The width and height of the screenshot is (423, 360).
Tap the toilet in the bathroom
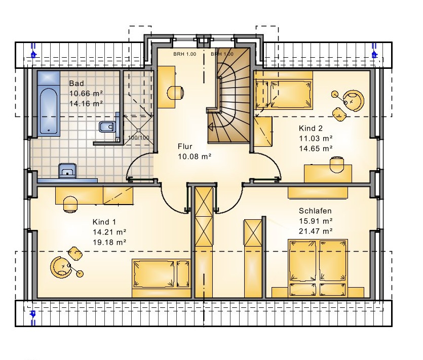107,127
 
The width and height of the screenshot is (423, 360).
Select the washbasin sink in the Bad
67,171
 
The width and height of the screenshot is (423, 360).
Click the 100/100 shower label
139,138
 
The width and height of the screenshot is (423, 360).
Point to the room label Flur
185,146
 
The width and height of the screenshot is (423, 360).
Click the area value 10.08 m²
195,156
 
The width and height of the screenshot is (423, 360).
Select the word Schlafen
315,211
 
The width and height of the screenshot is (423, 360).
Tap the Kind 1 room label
104,222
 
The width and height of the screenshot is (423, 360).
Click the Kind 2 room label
311,129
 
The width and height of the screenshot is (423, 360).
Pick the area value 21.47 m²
316,231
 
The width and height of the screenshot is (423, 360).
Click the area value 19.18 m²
109,242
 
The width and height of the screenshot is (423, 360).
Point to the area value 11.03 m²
316,138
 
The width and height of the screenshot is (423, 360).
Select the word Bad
76,84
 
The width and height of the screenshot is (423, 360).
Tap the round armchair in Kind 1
60,266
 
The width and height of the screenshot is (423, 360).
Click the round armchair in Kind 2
354,101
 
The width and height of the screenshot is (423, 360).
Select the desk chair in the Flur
175,93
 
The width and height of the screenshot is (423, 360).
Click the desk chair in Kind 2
337,164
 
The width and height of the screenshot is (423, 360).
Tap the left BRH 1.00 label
185,54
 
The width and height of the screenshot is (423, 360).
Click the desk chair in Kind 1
70,204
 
